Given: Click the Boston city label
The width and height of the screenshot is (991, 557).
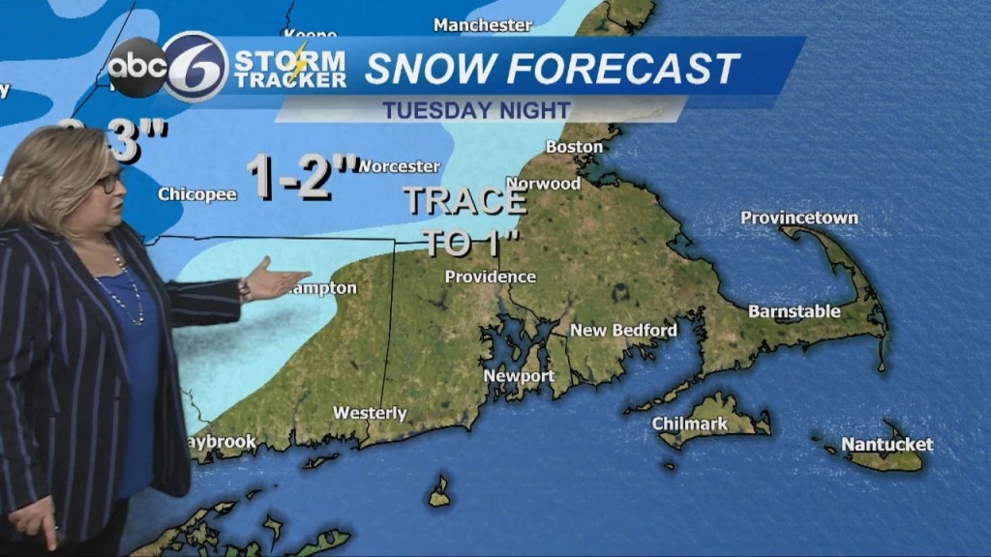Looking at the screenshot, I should (x=574, y=147).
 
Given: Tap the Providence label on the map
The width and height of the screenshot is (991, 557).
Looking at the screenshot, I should (x=490, y=278).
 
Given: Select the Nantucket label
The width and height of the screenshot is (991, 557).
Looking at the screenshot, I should (x=886, y=445).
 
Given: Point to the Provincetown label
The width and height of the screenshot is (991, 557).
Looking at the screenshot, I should (x=798, y=218).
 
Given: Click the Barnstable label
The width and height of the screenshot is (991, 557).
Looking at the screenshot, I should (x=794, y=311).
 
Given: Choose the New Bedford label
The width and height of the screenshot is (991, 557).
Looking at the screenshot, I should (x=623, y=331).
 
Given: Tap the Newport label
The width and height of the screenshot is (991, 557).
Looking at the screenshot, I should (x=519, y=376).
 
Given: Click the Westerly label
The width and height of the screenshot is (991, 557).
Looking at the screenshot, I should (x=370, y=413).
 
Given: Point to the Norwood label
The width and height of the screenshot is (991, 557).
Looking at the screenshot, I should (x=543, y=184).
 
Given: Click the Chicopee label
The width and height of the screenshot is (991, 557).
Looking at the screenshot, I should (x=197, y=194).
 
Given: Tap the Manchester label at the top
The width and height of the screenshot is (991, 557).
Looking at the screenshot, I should (x=483, y=25).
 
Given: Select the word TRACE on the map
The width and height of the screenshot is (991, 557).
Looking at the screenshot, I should (x=465, y=201).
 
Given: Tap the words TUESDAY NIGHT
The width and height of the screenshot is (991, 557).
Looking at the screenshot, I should (x=476, y=109).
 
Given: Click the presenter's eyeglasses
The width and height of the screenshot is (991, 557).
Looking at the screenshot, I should (x=107, y=182).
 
